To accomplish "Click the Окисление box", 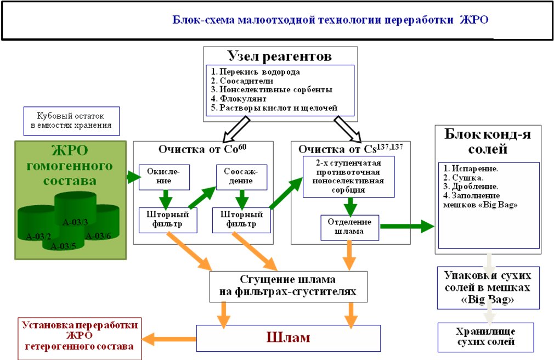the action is click(x=165, y=177).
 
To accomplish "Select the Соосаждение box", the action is click(x=242, y=177).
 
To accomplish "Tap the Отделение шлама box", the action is click(x=350, y=227).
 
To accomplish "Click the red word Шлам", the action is click(x=289, y=337).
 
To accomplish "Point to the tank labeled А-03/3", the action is click(x=75, y=209).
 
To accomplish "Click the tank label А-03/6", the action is click(x=98, y=236).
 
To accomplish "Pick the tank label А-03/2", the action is click(x=38, y=236).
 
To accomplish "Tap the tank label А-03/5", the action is click(x=63, y=246).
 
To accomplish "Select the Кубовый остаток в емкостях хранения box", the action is click(x=72, y=121).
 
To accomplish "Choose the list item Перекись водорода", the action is click(x=256, y=72).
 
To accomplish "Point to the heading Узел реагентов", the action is click(x=280, y=56).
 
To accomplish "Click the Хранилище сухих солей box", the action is click(x=486, y=337).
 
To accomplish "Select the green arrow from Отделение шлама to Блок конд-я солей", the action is click(x=407, y=226).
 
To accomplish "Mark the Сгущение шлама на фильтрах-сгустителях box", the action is click(x=289, y=286).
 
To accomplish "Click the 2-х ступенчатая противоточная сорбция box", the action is click(x=348, y=177).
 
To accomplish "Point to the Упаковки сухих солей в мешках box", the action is click(x=488, y=288).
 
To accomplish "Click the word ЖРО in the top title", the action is click(x=474, y=19).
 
